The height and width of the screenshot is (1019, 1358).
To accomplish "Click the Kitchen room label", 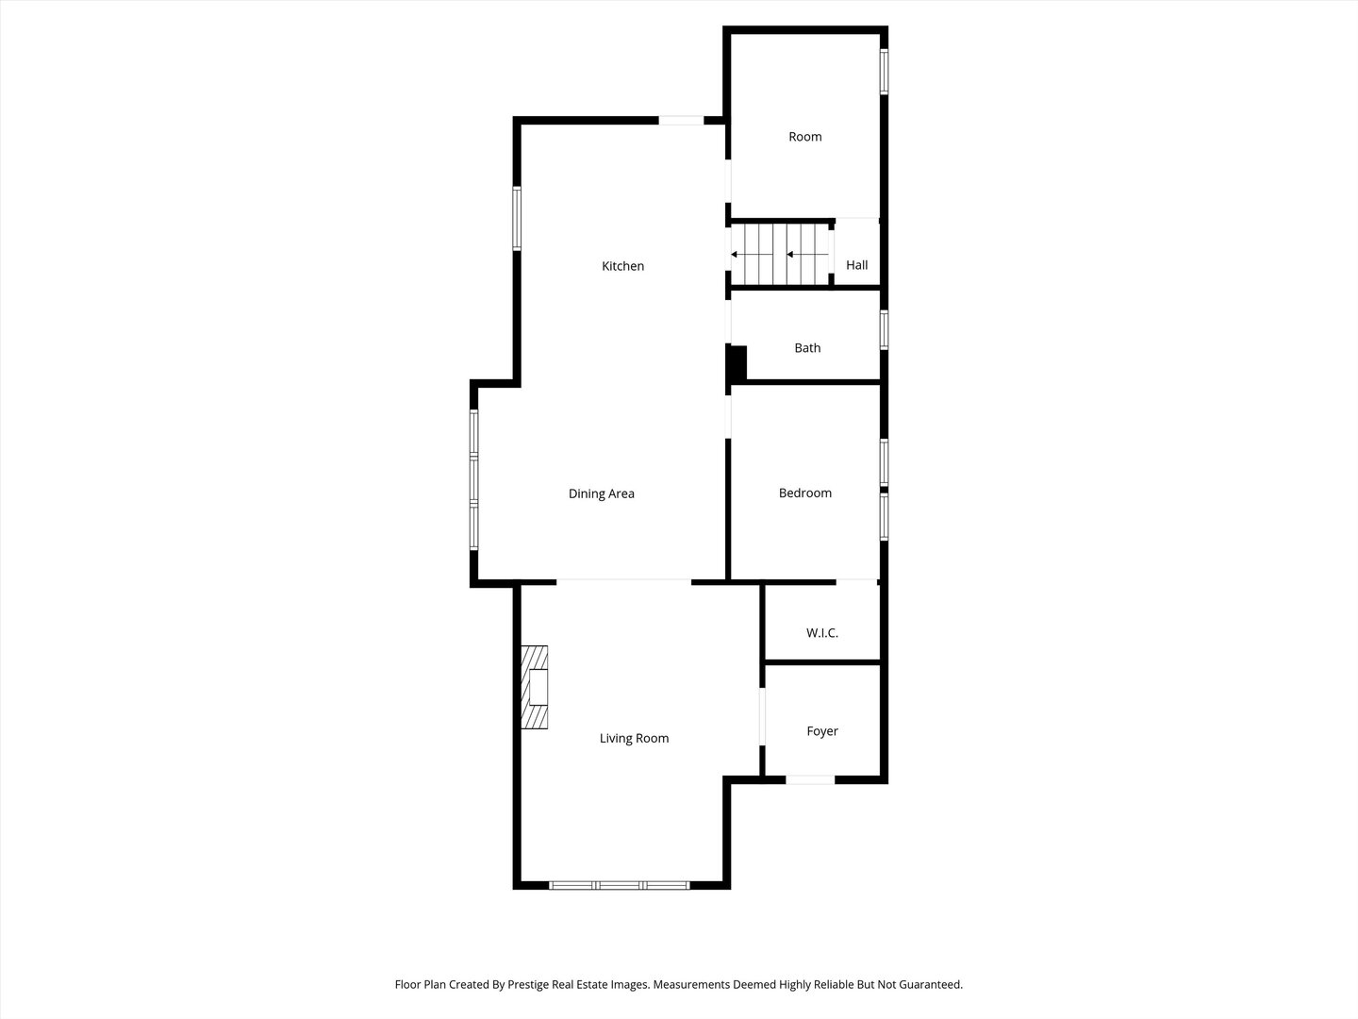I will (622, 266).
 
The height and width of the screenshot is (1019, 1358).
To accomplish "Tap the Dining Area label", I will (601, 493).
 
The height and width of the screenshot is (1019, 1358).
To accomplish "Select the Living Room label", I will (634, 738).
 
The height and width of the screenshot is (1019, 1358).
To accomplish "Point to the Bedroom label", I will (804, 493).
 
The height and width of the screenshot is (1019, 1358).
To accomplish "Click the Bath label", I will (807, 348).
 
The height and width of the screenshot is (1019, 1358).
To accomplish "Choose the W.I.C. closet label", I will (821, 633).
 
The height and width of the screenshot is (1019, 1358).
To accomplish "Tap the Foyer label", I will (822, 731).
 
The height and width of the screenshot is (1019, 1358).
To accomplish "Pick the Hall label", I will (856, 265).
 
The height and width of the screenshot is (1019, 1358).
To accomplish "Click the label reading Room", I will (804, 137).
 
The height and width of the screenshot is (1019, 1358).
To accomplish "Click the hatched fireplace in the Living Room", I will (535, 687).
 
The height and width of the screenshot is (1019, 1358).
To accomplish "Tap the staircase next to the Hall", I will (780, 254).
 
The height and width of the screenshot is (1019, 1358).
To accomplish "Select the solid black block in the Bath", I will (737, 363).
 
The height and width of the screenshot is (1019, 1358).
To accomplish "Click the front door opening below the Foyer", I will (810, 779).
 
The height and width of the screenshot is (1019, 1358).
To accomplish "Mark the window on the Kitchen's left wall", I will (517, 219).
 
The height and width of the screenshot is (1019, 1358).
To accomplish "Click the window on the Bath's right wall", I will (884, 330).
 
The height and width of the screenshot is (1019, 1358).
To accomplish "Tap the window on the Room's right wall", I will (884, 72).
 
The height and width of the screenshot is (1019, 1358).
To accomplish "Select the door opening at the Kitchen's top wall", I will (680, 120).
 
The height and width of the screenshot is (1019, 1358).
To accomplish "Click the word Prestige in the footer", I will (533, 984).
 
